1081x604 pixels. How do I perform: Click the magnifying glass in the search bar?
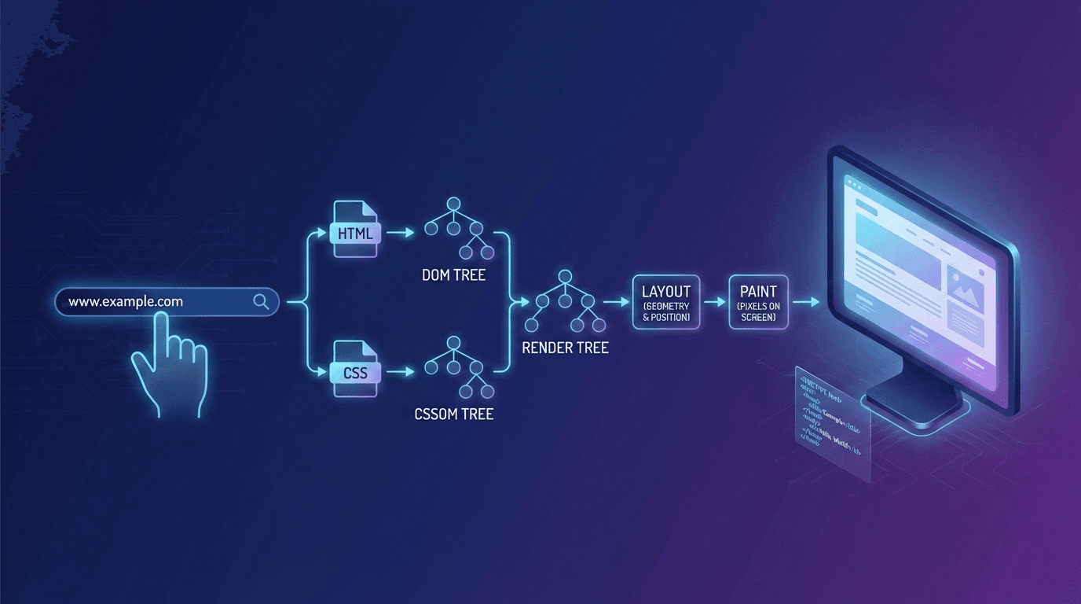coord(261,301)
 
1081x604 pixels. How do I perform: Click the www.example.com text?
coord(126,301)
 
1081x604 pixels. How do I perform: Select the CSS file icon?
coord(356,370)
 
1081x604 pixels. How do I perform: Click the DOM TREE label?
coord(453,275)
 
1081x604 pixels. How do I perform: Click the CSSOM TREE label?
coord(453,414)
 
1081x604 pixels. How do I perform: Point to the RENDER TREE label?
coord(565,347)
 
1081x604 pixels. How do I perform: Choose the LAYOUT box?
coord(665,302)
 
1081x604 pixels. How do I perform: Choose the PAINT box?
coord(758,302)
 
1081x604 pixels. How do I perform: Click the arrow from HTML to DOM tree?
coord(401,233)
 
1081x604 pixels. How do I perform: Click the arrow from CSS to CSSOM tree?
coord(401,370)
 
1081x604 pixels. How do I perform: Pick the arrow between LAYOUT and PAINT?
coord(714,302)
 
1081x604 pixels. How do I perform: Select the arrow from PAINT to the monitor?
coord(806,302)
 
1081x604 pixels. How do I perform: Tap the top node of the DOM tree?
coord(453,203)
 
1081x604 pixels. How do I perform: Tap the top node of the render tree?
coord(565,276)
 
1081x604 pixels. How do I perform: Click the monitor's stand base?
coord(915,407)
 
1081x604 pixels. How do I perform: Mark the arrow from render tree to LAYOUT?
coord(616,302)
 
